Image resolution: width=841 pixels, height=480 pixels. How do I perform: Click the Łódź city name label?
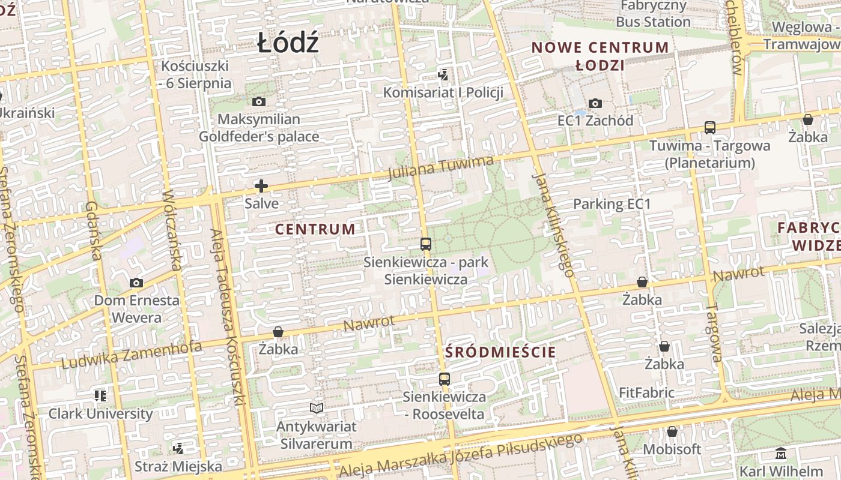click(x=288, y=43)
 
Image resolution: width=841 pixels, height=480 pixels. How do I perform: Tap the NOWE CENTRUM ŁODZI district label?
click(x=600, y=56)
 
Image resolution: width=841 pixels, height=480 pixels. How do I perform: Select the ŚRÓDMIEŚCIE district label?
click(x=500, y=352)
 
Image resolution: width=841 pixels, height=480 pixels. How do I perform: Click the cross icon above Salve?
click(x=261, y=186)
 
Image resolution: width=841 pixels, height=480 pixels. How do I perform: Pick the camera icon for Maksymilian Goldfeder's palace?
click(x=259, y=102)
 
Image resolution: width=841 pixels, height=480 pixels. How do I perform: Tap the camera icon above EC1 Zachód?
click(x=595, y=104)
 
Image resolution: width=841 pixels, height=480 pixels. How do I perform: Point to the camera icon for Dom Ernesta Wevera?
click(x=136, y=283)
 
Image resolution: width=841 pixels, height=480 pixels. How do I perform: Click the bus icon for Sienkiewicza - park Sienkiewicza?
click(x=426, y=244)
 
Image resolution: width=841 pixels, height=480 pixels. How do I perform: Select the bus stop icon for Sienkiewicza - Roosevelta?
click(x=444, y=379)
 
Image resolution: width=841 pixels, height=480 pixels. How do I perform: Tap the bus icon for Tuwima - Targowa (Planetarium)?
click(x=710, y=128)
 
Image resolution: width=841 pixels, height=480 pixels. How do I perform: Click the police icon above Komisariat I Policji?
click(x=443, y=75)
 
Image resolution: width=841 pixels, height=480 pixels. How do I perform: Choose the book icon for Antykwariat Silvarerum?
click(x=317, y=409)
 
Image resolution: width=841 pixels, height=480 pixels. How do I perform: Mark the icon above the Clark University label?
click(x=100, y=396)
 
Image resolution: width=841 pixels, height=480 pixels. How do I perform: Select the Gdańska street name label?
click(x=93, y=231)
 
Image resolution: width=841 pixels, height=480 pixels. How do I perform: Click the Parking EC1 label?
click(x=612, y=204)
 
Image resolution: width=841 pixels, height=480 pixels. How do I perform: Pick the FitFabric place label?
click(x=646, y=393)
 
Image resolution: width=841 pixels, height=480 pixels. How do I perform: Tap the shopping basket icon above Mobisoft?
click(x=672, y=431)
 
